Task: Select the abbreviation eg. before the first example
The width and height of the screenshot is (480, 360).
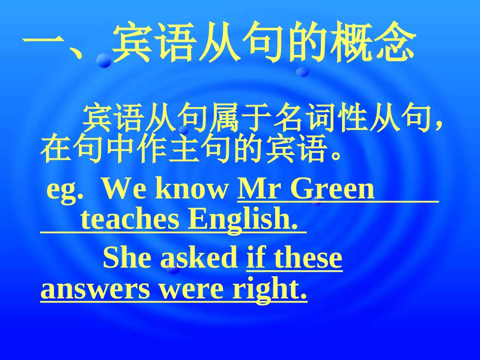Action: (x=64, y=190)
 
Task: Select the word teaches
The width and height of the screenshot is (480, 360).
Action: (x=130, y=220)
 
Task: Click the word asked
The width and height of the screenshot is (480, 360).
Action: (x=199, y=258)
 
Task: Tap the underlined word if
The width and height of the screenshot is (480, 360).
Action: (x=256, y=258)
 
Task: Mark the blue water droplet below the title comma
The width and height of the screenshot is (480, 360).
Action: (x=105, y=61)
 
